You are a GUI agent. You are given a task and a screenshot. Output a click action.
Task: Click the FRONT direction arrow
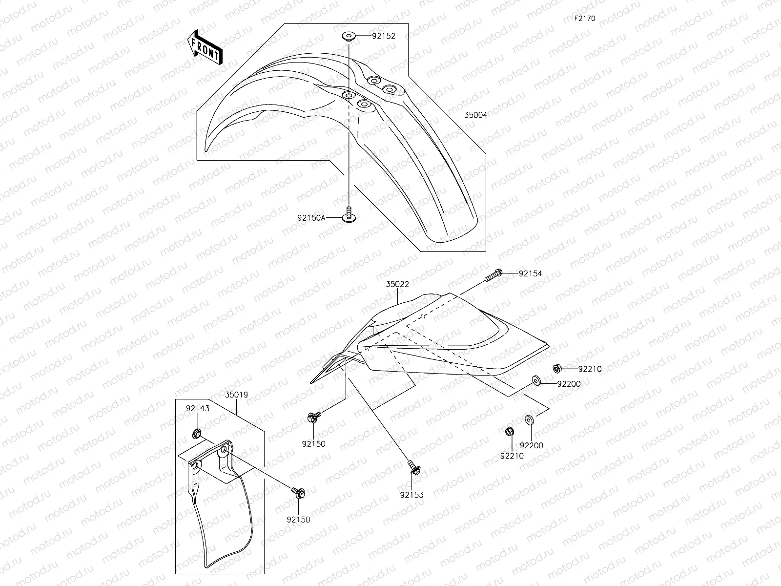pyautogui.click(x=205, y=47)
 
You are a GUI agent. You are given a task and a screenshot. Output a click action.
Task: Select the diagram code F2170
pyautogui.click(x=584, y=19)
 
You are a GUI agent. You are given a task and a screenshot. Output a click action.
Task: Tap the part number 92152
pyautogui.click(x=383, y=36)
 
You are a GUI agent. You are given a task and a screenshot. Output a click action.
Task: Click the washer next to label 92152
pyautogui.click(x=349, y=36)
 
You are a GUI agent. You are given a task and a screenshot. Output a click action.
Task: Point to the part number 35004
pyautogui.click(x=475, y=115)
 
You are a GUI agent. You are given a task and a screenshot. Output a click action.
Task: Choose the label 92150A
pyautogui.click(x=311, y=218)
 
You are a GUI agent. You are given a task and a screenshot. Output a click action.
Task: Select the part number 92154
pyautogui.click(x=530, y=274)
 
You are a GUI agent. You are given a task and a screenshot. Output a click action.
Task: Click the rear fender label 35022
pyautogui.click(x=397, y=284)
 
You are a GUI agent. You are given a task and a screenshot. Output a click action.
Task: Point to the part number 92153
pyautogui.click(x=412, y=495)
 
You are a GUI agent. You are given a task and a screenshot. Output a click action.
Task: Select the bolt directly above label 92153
pyautogui.click(x=414, y=467)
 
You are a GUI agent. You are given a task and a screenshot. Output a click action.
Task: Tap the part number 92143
pyautogui.click(x=197, y=408)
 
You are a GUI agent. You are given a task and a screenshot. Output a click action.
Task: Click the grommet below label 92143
pyautogui.click(x=197, y=433)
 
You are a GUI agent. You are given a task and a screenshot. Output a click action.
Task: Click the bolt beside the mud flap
pyautogui.click(x=298, y=492)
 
